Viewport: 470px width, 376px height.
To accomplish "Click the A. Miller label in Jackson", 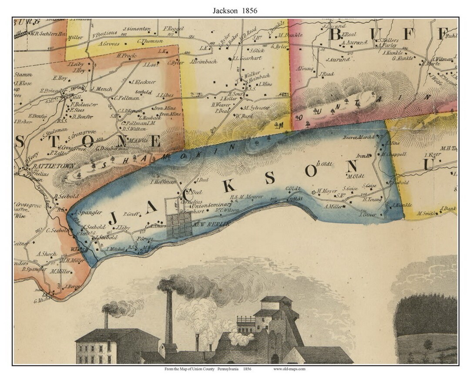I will coord(333,206).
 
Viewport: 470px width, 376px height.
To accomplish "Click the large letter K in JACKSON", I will coord(229,186).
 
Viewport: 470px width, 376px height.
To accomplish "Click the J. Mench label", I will coord(102,89).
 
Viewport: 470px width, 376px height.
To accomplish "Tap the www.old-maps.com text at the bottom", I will coord(289,369).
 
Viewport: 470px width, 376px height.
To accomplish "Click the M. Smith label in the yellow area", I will coord(426,213).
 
